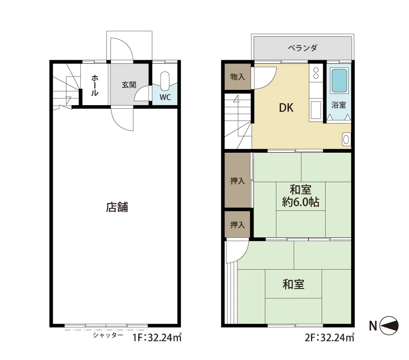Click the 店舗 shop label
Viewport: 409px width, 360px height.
117,207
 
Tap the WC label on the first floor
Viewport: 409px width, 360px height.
165,97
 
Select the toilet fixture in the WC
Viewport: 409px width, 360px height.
165,81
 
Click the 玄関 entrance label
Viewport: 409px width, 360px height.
129,85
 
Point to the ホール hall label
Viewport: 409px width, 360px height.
95,85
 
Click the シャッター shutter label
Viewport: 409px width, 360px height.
108,335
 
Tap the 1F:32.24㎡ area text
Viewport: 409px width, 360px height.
157,338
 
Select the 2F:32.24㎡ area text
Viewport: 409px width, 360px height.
329,338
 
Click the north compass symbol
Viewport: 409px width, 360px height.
389,326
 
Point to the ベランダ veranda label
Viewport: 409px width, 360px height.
303,48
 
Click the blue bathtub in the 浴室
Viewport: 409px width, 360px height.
339,81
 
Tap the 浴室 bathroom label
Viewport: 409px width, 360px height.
338,105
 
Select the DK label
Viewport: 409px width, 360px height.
286,108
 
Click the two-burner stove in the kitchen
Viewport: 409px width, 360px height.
316,73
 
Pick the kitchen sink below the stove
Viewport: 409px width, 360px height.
316,110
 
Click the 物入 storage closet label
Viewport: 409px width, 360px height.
238,77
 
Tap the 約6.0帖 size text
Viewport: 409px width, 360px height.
301,202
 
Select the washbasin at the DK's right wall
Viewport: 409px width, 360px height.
346,139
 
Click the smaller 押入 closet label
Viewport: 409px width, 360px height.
238,225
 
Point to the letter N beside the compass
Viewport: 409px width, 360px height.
373,326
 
